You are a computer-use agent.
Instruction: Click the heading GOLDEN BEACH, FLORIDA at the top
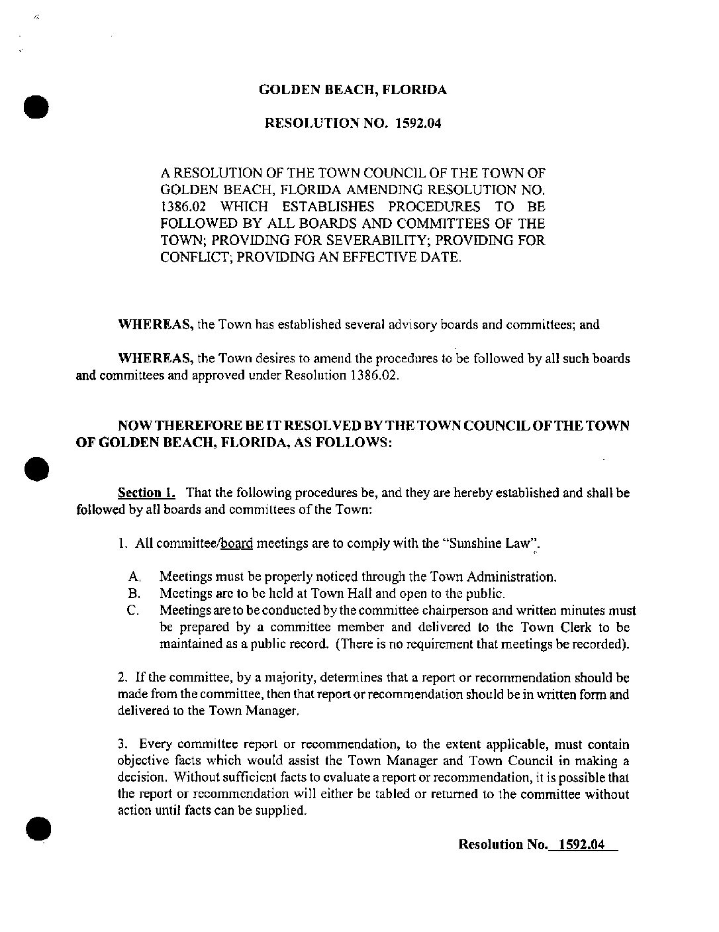coord(352,90)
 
